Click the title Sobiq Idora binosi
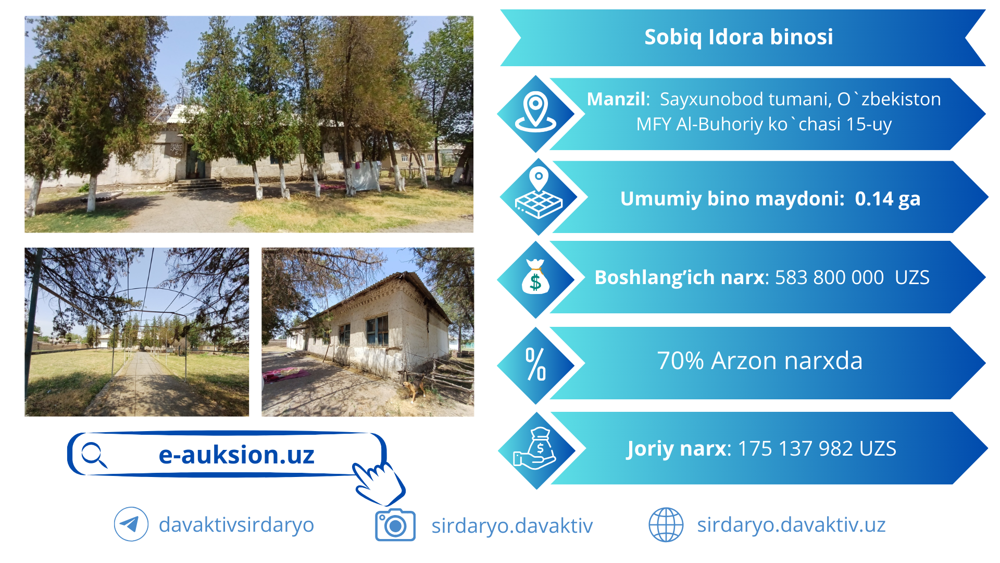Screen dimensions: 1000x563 tap(739, 37)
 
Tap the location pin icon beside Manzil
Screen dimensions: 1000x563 tap(536, 112)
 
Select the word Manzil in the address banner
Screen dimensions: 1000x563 tap(617, 99)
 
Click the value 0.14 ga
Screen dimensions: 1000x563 tap(888, 199)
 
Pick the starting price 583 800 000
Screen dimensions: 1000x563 tap(829, 277)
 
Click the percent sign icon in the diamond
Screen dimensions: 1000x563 tap(535, 364)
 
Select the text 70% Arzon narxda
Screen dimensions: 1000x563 tap(760, 360)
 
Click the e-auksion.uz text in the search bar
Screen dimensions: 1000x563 tap(236, 455)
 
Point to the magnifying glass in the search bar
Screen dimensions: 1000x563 tap(94, 455)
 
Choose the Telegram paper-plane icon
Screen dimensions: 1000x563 tap(131, 524)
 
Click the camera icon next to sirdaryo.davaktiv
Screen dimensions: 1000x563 tap(395, 525)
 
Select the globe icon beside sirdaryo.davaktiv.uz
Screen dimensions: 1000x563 tap(666, 524)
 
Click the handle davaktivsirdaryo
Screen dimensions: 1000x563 tap(236, 524)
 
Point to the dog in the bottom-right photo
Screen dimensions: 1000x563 tap(414, 389)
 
